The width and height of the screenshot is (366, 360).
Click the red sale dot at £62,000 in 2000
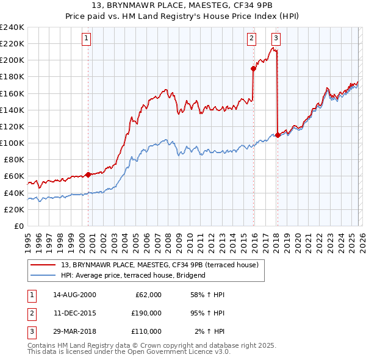click(88, 175)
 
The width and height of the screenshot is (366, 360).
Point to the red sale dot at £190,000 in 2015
click(253, 68)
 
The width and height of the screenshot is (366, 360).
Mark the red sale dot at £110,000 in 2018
click(278, 135)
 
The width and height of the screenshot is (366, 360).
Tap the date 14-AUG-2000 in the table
click(74, 295)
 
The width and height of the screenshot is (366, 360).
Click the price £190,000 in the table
click(146, 313)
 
